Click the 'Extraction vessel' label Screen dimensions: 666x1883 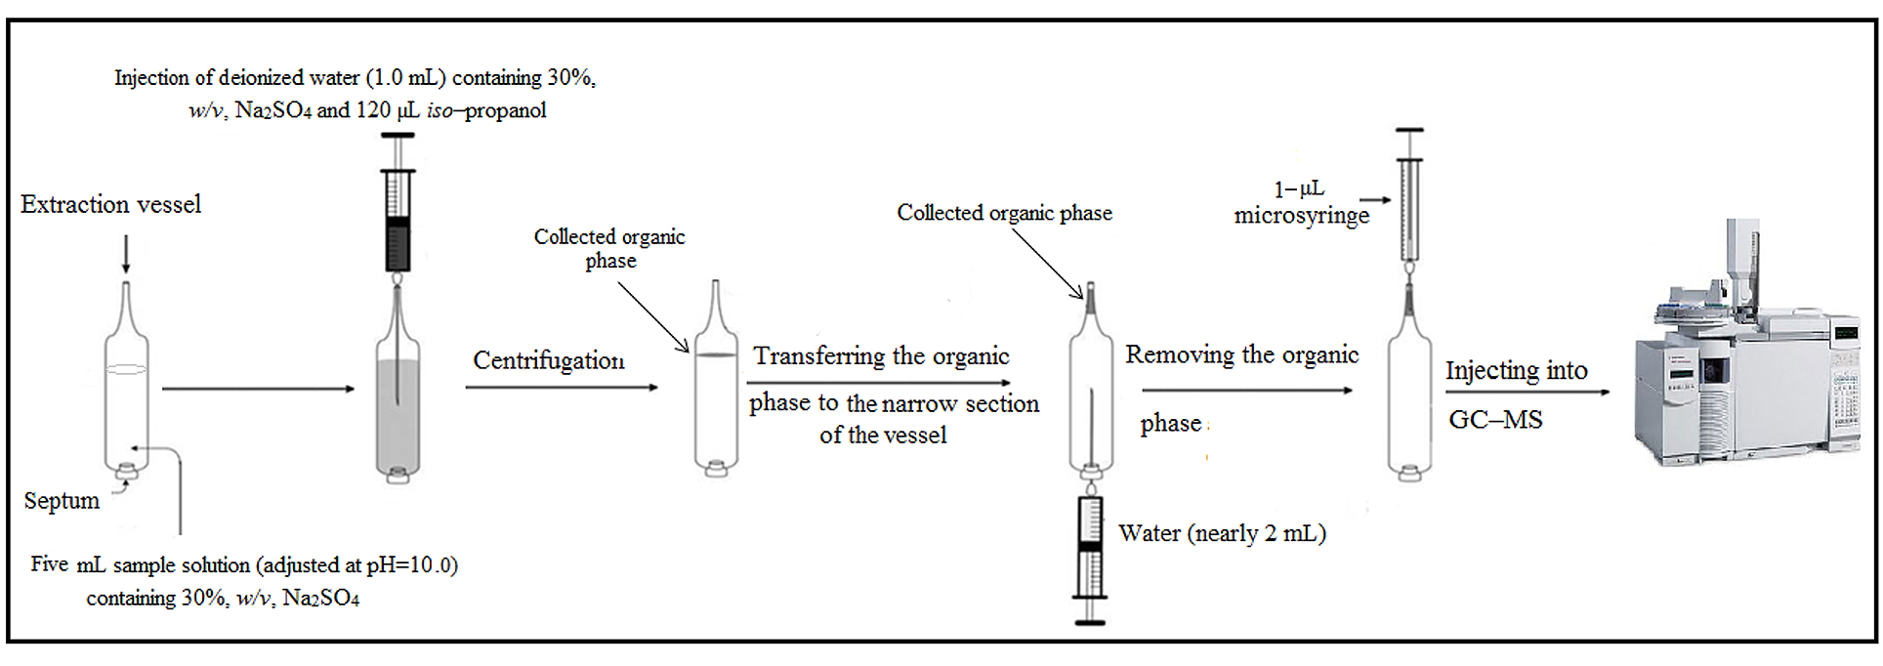110,204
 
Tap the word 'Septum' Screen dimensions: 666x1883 62,501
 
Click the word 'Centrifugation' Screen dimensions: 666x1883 549,360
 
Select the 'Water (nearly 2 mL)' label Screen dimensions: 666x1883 1222,533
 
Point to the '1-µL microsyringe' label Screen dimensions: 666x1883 1301,203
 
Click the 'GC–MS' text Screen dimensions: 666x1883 1495,420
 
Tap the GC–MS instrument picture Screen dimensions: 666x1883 1748,352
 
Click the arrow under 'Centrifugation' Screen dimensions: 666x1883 562,388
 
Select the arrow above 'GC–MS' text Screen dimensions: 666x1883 1527,393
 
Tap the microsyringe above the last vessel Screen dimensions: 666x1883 1409,200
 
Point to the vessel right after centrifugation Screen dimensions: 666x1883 716,391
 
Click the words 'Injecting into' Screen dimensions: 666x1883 1516,370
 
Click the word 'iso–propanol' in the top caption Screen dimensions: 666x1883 486,110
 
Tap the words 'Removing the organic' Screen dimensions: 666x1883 1241,354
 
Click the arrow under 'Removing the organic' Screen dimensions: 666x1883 1247,391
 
